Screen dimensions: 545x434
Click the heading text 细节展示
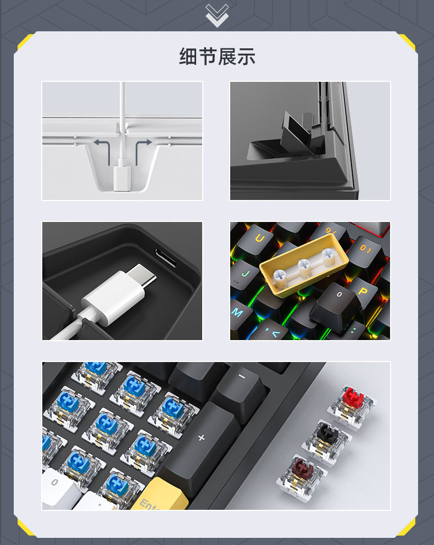(x=217, y=57)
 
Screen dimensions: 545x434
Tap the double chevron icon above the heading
(x=216, y=15)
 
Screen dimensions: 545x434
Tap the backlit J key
(x=244, y=271)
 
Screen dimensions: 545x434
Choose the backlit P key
(x=362, y=291)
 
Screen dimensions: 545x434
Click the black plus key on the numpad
(x=201, y=438)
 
